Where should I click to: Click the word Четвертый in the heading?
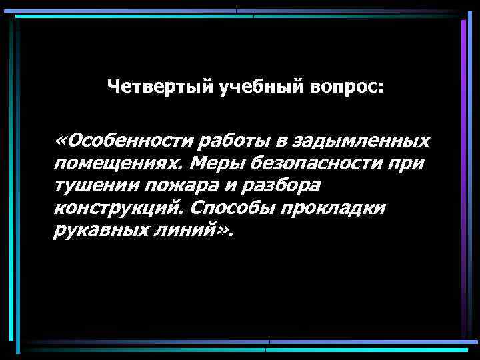(161, 87)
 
